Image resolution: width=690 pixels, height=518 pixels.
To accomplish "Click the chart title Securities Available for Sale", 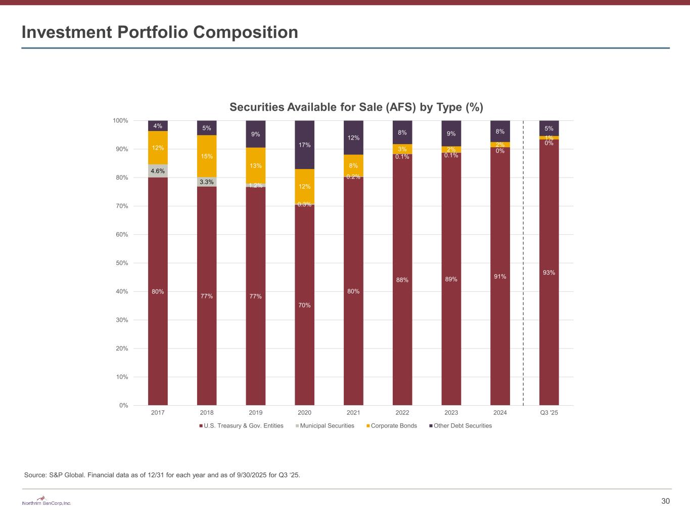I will (356, 107).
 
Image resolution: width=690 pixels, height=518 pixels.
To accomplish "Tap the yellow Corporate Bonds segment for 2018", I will (207, 156).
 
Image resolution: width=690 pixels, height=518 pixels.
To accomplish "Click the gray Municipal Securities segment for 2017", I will (158, 171).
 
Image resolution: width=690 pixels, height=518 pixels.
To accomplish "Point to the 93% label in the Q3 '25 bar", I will (549, 273).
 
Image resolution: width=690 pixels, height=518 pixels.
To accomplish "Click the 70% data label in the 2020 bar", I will (305, 305).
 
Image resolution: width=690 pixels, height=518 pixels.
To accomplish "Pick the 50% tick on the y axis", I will (121, 263).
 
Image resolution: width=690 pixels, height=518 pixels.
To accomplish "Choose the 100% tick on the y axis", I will (121, 120).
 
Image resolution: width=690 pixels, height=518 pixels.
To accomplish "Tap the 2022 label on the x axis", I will (402, 413).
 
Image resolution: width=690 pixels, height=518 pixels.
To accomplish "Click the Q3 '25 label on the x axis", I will (549, 413).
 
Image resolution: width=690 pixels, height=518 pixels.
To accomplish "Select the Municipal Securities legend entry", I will (327, 426).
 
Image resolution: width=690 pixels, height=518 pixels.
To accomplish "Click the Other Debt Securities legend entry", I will (462, 426).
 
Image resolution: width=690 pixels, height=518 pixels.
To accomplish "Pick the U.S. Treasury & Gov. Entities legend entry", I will (243, 426).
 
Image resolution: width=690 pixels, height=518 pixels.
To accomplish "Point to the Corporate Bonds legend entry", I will (393, 426).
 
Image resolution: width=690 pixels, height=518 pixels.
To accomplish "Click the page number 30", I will (665, 501).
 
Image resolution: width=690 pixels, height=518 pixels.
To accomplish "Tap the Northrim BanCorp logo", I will (47, 501).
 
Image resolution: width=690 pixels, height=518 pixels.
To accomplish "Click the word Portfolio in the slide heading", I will (153, 32).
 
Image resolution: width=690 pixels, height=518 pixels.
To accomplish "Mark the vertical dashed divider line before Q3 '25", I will (523, 263).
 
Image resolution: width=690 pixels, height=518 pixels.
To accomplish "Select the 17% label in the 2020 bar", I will (305, 145).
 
